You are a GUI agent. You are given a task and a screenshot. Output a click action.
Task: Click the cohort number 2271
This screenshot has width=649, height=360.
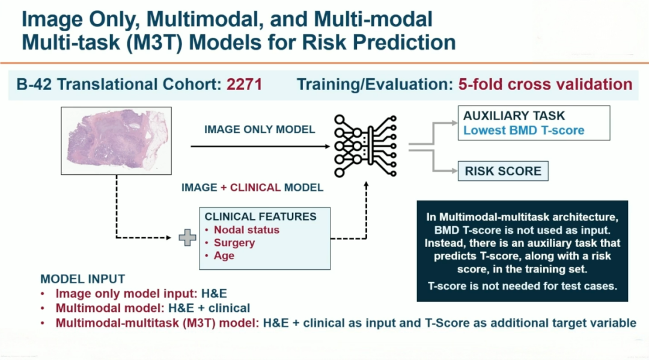click(x=244, y=84)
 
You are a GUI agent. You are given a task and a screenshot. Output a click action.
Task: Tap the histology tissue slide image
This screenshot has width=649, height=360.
click(x=117, y=141)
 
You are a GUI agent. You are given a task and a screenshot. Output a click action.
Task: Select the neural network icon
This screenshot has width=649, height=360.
click(x=365, y=146)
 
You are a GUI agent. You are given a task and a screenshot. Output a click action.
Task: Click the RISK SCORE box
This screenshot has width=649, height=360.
click(x=503, y=171)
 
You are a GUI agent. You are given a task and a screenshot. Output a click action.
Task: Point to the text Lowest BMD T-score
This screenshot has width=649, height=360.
click(x=523, y=130)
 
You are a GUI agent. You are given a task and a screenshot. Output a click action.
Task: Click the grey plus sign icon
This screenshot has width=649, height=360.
click(x=187, y=237)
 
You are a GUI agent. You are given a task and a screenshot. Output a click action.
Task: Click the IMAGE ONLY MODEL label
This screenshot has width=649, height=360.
click(x=260, y=130)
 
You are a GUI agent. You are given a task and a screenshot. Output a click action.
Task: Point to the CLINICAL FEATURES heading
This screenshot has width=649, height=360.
click(x=260, y=216)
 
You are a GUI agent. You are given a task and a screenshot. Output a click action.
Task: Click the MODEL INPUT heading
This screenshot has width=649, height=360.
click(x=83, y=279)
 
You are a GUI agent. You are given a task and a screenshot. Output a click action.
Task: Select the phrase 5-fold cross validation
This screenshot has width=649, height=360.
click(x=545, y=84)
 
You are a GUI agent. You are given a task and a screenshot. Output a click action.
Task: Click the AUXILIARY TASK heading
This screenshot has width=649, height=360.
click(x=514, y=115)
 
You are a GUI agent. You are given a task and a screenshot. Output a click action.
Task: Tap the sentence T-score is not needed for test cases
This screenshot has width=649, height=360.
click(x=522, y=286)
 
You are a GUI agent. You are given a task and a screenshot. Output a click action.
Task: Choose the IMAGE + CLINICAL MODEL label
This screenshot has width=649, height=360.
click(x=252, y=188)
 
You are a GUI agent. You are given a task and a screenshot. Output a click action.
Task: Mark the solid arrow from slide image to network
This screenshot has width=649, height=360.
click(x=260, y=146)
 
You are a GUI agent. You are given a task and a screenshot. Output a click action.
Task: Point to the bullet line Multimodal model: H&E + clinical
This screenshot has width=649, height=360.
click(x=153, y=308)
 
